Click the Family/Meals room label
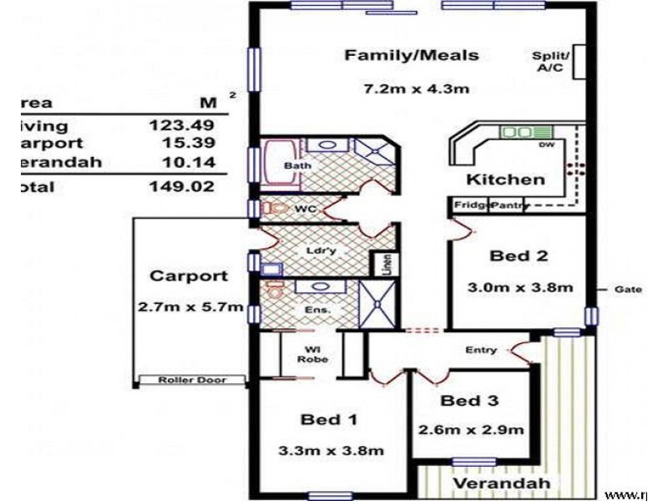pos(412,56)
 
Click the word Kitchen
pos(505,179)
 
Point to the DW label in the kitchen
pos(547,146)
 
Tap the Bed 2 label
pos(519,256)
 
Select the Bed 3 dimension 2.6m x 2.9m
pos(471,431)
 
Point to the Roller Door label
pos(192,381)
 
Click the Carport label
pos(188,276)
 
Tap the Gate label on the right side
pos(628,290)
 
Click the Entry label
pos(481,351)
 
